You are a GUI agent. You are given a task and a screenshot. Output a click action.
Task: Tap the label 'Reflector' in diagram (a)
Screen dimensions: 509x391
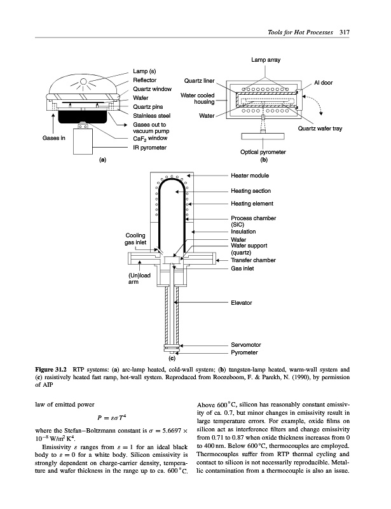146,80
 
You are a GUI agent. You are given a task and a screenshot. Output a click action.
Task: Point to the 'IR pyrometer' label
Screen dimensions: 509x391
149,148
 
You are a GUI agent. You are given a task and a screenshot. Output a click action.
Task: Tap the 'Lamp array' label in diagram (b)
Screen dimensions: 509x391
265,60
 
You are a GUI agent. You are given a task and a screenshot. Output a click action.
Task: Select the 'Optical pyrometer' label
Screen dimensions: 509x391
263,151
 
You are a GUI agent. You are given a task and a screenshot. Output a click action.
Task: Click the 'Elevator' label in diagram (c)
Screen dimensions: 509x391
242,302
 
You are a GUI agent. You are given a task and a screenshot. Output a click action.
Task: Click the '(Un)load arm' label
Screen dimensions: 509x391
138,278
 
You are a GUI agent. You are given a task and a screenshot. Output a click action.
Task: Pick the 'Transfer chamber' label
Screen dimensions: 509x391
253,260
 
